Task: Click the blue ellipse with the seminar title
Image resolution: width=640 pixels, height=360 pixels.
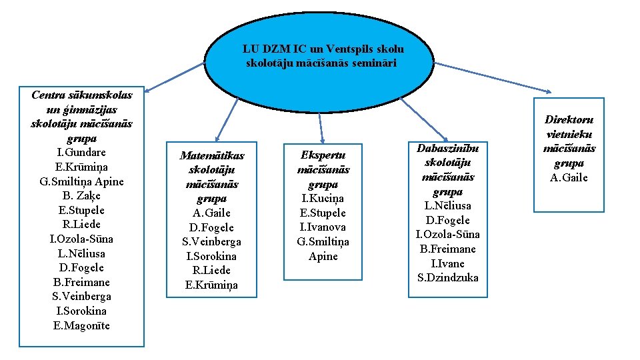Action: coord(323,57)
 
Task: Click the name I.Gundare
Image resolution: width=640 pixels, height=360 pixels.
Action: coord(81,153)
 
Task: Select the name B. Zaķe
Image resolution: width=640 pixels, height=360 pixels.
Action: coord(81,196)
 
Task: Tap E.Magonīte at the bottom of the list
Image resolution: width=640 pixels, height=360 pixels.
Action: coord(81,325)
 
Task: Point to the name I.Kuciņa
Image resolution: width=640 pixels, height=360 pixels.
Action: coord(323,199)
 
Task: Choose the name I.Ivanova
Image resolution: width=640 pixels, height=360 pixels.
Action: coord(323,227)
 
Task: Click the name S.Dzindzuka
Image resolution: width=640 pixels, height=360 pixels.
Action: coord(448,277)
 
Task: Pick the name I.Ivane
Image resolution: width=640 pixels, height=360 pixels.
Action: coord(448,263)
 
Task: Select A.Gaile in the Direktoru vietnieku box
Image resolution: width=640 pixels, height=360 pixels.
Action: coord(569,177)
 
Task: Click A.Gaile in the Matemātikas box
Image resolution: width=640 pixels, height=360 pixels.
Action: coord(211,213)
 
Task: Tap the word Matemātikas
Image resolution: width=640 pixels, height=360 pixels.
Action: coord(212,155)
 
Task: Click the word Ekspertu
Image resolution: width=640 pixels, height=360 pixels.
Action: coord(323,155)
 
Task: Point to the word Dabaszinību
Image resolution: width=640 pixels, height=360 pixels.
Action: coord(448,148)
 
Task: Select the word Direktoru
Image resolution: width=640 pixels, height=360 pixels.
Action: coord(569,120)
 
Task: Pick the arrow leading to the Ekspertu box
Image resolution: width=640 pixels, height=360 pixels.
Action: coord(321,127)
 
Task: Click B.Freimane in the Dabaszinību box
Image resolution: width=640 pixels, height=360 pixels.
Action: coord(448,249)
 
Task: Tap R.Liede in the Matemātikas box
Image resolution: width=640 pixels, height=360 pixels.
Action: coord(211,270)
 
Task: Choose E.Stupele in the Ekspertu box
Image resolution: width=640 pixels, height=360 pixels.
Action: coord(323,213)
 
